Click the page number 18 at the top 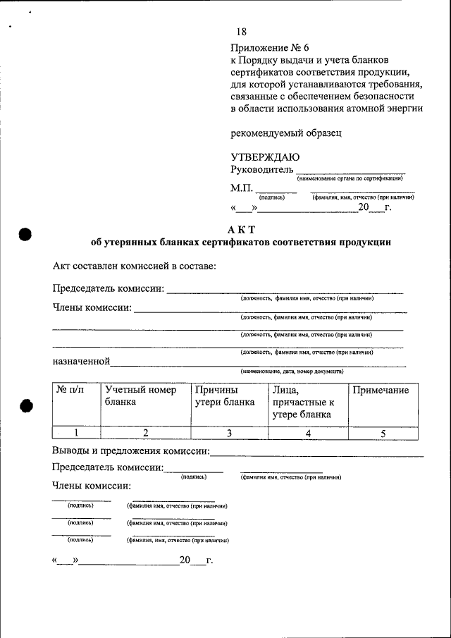[x=241, y=32]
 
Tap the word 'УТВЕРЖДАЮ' [x=265, y=157]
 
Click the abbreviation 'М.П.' [x=241, y=188]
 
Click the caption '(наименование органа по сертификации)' [x=350, y=179]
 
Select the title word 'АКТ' [x=241, y=229]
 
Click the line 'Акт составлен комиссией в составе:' [x=134, y=266]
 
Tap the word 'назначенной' [x=81, y=361]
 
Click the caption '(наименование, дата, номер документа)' [x=292, y=371]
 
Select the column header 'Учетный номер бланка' [x=140, y=396]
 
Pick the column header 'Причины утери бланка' [x=225, y=396]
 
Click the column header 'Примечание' [x=381, y=391]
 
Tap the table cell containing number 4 [x=308, y=434]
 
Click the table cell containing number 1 [x=76, y=434]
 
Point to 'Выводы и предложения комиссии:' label [x=131, y=451]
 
